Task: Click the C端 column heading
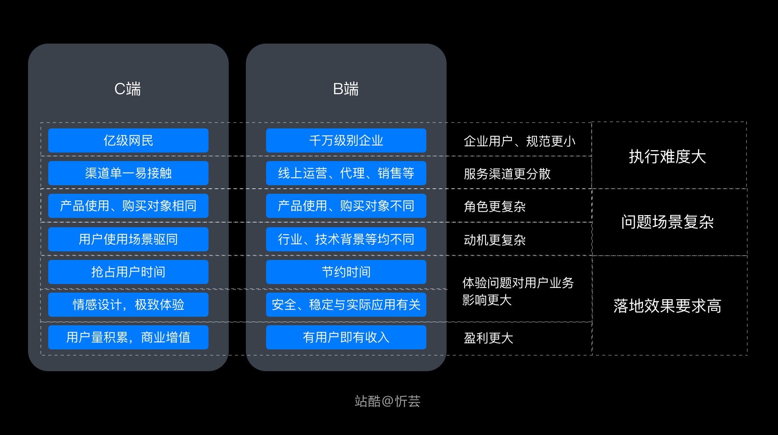tap(128, 89)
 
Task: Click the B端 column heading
tap(346, 89)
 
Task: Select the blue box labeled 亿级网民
tap(128, 140)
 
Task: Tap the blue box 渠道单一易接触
tap(128, 173)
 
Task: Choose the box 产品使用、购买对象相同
tap(128, 206)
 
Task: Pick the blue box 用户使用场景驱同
tap(128, 239)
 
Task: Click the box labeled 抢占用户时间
tap(128, 272)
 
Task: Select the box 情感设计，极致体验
tap(128, 305)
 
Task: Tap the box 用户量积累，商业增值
tap(128, 337)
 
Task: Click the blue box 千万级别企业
tap(346, 140)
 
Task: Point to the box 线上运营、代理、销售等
tap(346, 173)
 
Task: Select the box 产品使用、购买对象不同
tap(346, 206)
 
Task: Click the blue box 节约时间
tap(346, 272)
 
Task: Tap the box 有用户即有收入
tap(346, 337)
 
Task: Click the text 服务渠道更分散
tap(507, 174)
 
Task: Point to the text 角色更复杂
tap(494, 207)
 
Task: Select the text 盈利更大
tap(488, 338)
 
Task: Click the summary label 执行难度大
tap(667, 157)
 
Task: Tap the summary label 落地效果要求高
tap(667, 306)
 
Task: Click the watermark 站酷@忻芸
tap(387, 401)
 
